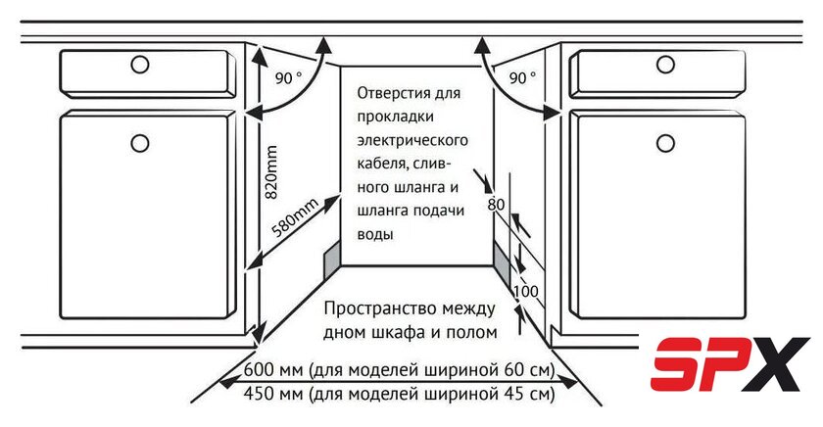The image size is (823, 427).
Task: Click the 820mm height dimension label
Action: click(270, 172)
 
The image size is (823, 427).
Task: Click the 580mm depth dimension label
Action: click(295, 218)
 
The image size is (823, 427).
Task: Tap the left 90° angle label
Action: click(289, 78)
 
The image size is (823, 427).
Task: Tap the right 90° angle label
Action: click(523, 78)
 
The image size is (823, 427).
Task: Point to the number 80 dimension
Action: click(496, 205)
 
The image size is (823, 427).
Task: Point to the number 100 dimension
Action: click(525, 291)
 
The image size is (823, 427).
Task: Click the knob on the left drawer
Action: click(140, 65)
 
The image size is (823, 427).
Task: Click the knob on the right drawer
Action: click(665, 64)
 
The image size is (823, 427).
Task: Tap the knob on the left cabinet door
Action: click(140, 143)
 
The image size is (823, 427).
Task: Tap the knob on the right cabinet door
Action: click(665, 143)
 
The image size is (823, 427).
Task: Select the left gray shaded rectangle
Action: click(332, 261)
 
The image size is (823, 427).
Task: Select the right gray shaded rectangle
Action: click(502, 261)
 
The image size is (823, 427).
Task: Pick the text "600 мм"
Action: click(273, 370)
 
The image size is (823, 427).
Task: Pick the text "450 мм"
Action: click(273, 393)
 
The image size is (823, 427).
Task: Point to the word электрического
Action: click(412, 141)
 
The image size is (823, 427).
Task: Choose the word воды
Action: click(375, 234)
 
